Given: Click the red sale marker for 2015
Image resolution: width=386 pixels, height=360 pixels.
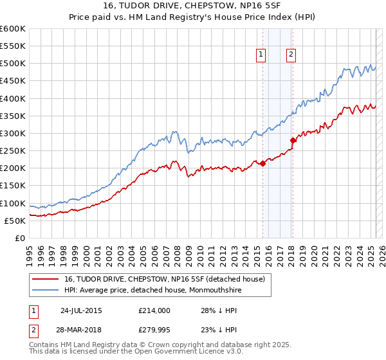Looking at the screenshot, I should coord(262,163).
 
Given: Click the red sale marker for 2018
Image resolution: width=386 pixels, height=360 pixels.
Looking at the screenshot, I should coord(293,140).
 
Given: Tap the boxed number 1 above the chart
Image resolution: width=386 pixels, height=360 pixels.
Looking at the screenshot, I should coord(261,55).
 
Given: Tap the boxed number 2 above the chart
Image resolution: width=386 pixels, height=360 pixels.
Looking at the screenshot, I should coord(291,55).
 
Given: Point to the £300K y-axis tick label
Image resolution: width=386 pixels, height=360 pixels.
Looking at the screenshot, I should coord(13,133).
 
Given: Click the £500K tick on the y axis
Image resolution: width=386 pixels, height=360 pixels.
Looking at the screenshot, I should coord(13,63).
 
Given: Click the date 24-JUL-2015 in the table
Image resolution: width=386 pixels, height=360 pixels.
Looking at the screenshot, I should coord(80,310).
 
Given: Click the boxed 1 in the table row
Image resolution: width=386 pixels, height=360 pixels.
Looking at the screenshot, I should coord(33,310).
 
